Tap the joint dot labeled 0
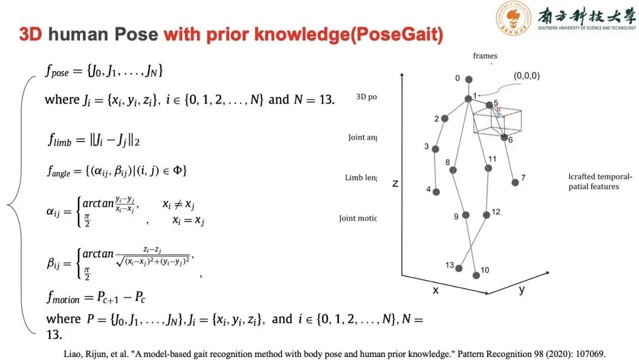[469, 79]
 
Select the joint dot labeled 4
[436, 192]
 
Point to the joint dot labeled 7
[515, 182]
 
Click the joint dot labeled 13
[459, 268]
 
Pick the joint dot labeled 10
[476, 275]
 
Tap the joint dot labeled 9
[466, 215]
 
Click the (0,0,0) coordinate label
[527, 76]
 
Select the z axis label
[395, 184]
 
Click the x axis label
[435, 290]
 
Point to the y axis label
[522, 290]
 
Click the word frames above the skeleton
[485, 56]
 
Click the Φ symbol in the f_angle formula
[180, 171]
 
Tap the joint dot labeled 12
[486, 215]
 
